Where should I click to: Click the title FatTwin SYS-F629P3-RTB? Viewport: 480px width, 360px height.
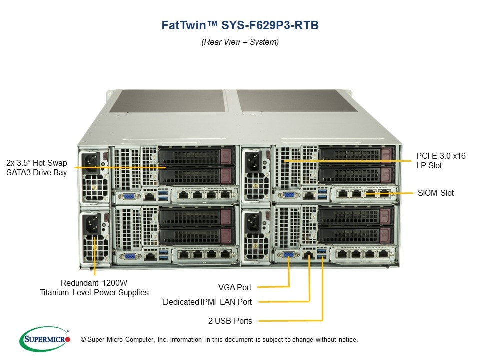[x=240, y=25]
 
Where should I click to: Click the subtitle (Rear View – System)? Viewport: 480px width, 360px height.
[x=240, y=42]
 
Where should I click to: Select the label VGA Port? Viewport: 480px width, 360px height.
[x=235, y=287]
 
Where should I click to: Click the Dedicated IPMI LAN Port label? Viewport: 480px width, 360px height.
[x=207, y=302]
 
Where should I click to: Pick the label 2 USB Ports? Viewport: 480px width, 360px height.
[x=230, y=320]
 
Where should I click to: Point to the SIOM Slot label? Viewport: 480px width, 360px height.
[x=436, y=193]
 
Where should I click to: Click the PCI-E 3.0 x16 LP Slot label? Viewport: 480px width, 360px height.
[x=441, y=161]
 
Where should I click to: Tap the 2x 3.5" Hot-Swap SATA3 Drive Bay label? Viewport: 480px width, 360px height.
[x=37, y=168]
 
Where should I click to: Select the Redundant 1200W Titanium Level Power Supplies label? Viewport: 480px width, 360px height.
[x=94, y=287]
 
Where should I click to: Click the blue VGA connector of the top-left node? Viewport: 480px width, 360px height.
[x=129, y=196]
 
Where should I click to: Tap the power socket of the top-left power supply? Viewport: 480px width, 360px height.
[x=94, y=161]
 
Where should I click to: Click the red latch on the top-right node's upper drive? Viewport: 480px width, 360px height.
[x=386, y=155]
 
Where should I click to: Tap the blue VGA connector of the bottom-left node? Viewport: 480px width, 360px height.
[x=129, y=256]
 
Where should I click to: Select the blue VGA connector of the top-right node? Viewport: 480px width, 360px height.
[x=289, y=196]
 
